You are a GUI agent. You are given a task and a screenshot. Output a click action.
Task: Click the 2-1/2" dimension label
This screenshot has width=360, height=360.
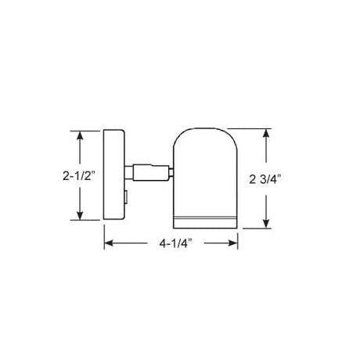click(x=79, y=176)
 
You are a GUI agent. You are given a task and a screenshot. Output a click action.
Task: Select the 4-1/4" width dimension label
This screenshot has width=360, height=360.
click(x=171, y=244)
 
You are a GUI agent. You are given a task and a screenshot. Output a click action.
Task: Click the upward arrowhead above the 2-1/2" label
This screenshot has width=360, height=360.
click(x=79, y=135)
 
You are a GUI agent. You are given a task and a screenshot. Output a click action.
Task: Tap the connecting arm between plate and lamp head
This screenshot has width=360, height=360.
click(x=148, y=170)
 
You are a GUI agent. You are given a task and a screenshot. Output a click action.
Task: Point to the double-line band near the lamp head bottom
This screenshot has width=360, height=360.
click(x=206, y=214)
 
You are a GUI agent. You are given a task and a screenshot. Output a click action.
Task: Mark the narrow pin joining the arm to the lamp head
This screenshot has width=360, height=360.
click(x=169, y=170)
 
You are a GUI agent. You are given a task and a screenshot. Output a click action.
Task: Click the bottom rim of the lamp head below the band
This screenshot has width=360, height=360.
click(x=206, y=222)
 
